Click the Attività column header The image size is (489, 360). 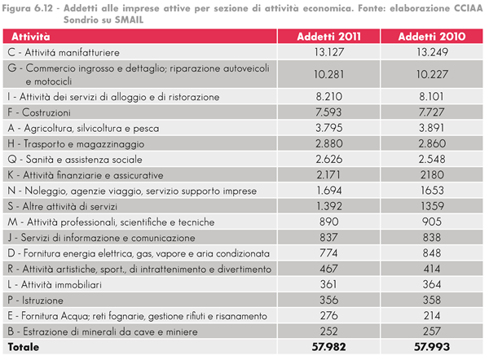[31, 37]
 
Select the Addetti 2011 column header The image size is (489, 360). [328, 37]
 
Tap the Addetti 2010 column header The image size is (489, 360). [432, 37]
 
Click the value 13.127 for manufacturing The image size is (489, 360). [329, 52]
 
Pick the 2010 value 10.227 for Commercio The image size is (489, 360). [432, 74]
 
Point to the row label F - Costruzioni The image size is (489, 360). [39, 112]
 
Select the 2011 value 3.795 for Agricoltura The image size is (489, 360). [329, 128]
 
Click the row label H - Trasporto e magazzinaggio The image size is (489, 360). [76, 143]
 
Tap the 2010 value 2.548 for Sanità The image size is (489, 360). [432, 160]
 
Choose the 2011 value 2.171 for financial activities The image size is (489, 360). [328, 175]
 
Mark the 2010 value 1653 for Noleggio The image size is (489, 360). [432, 191]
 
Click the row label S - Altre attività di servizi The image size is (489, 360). [63, 206]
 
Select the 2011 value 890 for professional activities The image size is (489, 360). [329, 222]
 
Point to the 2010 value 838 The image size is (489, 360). [432, 238]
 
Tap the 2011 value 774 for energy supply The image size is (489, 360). [328, 253]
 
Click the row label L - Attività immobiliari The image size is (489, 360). [55, 284]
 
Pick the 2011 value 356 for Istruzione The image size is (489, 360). [329, 301]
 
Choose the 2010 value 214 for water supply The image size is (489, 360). [432, 316]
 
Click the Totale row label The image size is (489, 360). [24, 347]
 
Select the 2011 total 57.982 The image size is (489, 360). [329, 347]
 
